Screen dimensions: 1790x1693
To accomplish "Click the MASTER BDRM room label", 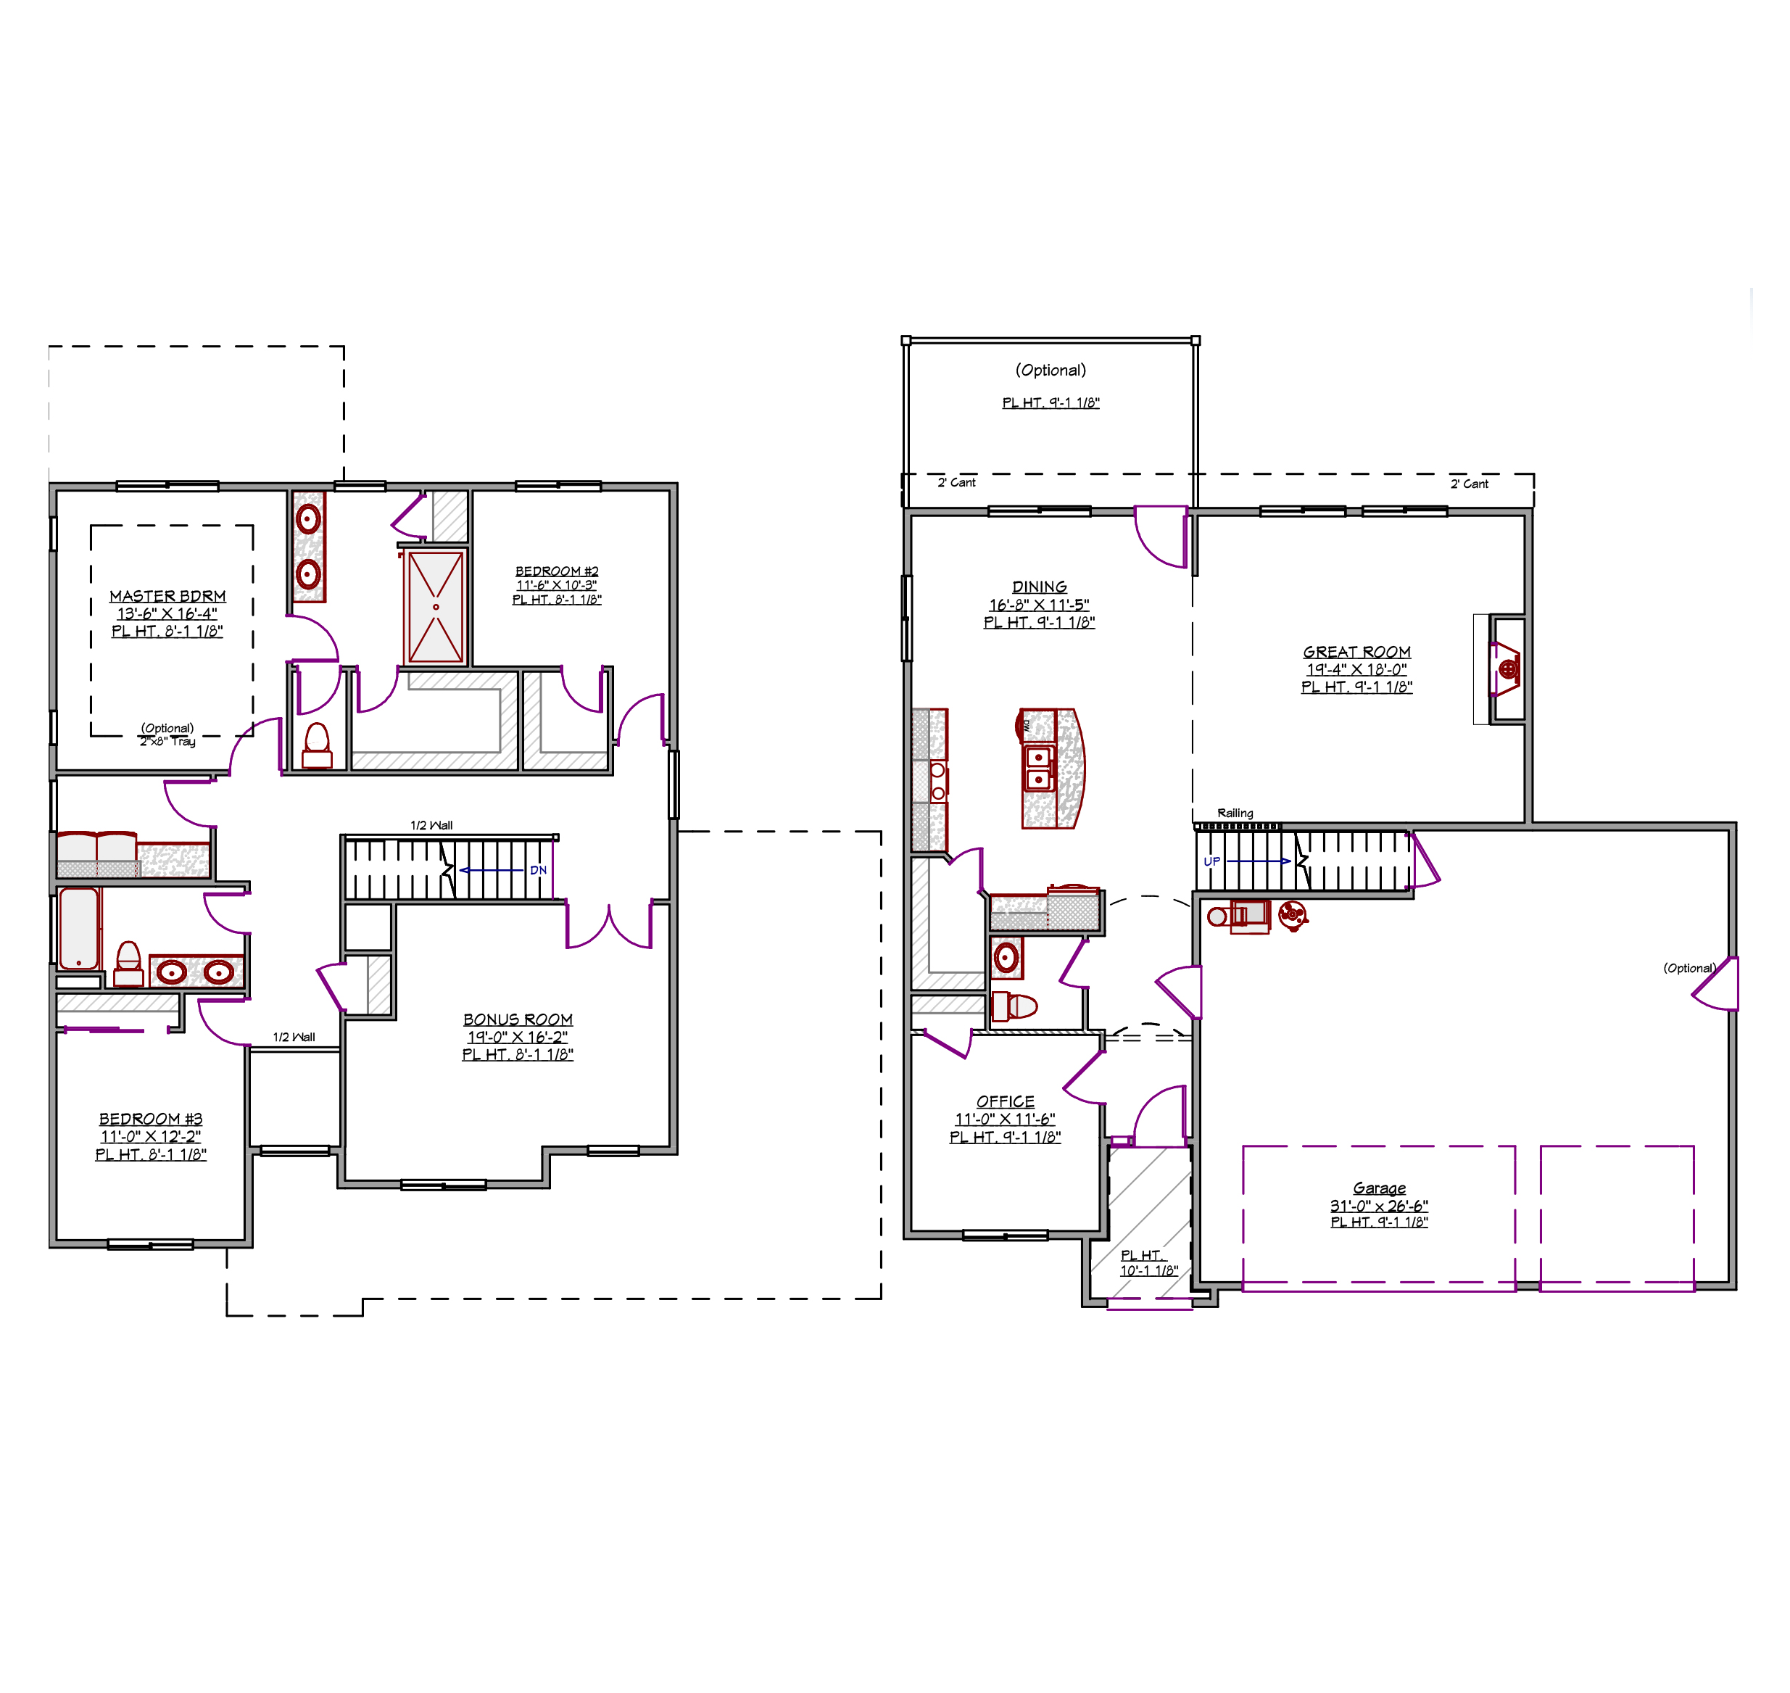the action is click(167, 597).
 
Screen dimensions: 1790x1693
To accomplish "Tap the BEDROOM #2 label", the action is click(557, 571).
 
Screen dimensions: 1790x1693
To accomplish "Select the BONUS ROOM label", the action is click(518, 1019).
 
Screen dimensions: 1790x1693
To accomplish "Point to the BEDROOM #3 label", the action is click(151, 1118).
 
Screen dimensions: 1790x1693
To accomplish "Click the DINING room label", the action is click(1040, 587).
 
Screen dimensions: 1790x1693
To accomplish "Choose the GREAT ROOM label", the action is click(1357, 652).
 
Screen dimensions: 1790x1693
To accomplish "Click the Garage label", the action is click(1380, 1188).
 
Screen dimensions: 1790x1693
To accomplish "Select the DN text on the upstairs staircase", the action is click(539, 870).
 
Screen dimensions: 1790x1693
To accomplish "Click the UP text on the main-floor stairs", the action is click(1211, 862).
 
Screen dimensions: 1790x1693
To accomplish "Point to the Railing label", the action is click(1235, 813).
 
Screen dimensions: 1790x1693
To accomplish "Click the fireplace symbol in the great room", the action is click(1507, 668).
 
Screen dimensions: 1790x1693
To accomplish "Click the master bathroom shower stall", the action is click(436, 606).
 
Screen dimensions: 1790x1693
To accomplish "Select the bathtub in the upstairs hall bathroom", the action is click(78, 928).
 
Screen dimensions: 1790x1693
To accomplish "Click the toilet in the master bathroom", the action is click(317, 746).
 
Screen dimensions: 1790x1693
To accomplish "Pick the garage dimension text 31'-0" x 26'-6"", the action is click(1380, 1206).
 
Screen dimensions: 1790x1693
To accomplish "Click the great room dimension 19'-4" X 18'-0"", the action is click(1357, 670).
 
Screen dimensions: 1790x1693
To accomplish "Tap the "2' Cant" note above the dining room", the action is click(956, 483).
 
